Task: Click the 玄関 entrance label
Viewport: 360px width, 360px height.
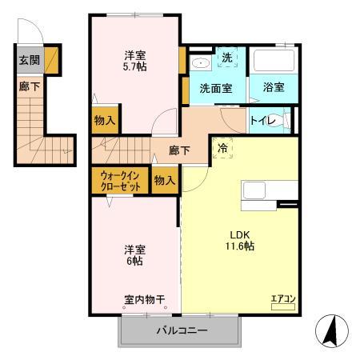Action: click(28, 60)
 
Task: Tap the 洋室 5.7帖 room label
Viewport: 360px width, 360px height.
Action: click(134, 61)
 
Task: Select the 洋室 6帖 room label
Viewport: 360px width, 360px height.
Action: click(134, 254)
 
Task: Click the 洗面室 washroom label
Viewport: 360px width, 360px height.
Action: click(216, 88)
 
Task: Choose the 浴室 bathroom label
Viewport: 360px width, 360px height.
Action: click(274, 88)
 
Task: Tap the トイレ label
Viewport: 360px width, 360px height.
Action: click(263, 121)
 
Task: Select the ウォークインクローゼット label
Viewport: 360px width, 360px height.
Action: click(121, 181)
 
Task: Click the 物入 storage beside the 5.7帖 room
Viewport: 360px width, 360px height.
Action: click(105, 122)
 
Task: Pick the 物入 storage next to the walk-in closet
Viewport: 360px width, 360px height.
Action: click(164, 181)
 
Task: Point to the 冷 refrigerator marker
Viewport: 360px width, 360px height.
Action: click(223, 148)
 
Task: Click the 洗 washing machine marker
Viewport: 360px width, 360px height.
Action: click(226, 58)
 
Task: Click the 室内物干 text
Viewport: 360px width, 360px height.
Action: click(144, 300)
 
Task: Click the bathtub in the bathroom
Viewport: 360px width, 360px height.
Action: click(274, 62)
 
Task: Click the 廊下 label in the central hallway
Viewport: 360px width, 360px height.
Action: click(179, 149)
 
